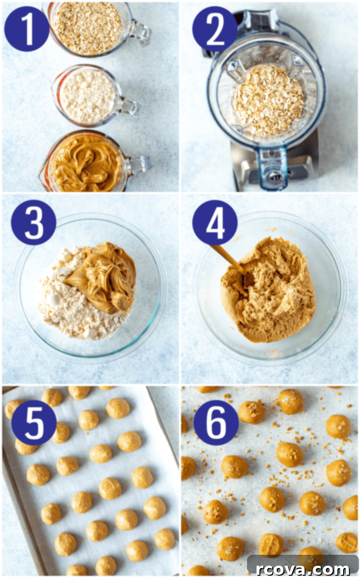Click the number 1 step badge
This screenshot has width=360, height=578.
[27, 29]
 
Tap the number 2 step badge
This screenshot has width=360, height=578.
[215, 29]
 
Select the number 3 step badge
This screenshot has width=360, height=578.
[34, 222]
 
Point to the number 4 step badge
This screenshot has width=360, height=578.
[215, 222]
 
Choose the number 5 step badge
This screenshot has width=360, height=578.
[34, 423]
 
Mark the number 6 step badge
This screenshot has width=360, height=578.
[216, 423]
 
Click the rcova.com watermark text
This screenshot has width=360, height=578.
[303, 568]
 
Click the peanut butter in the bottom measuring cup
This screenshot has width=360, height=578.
[87, 163]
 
